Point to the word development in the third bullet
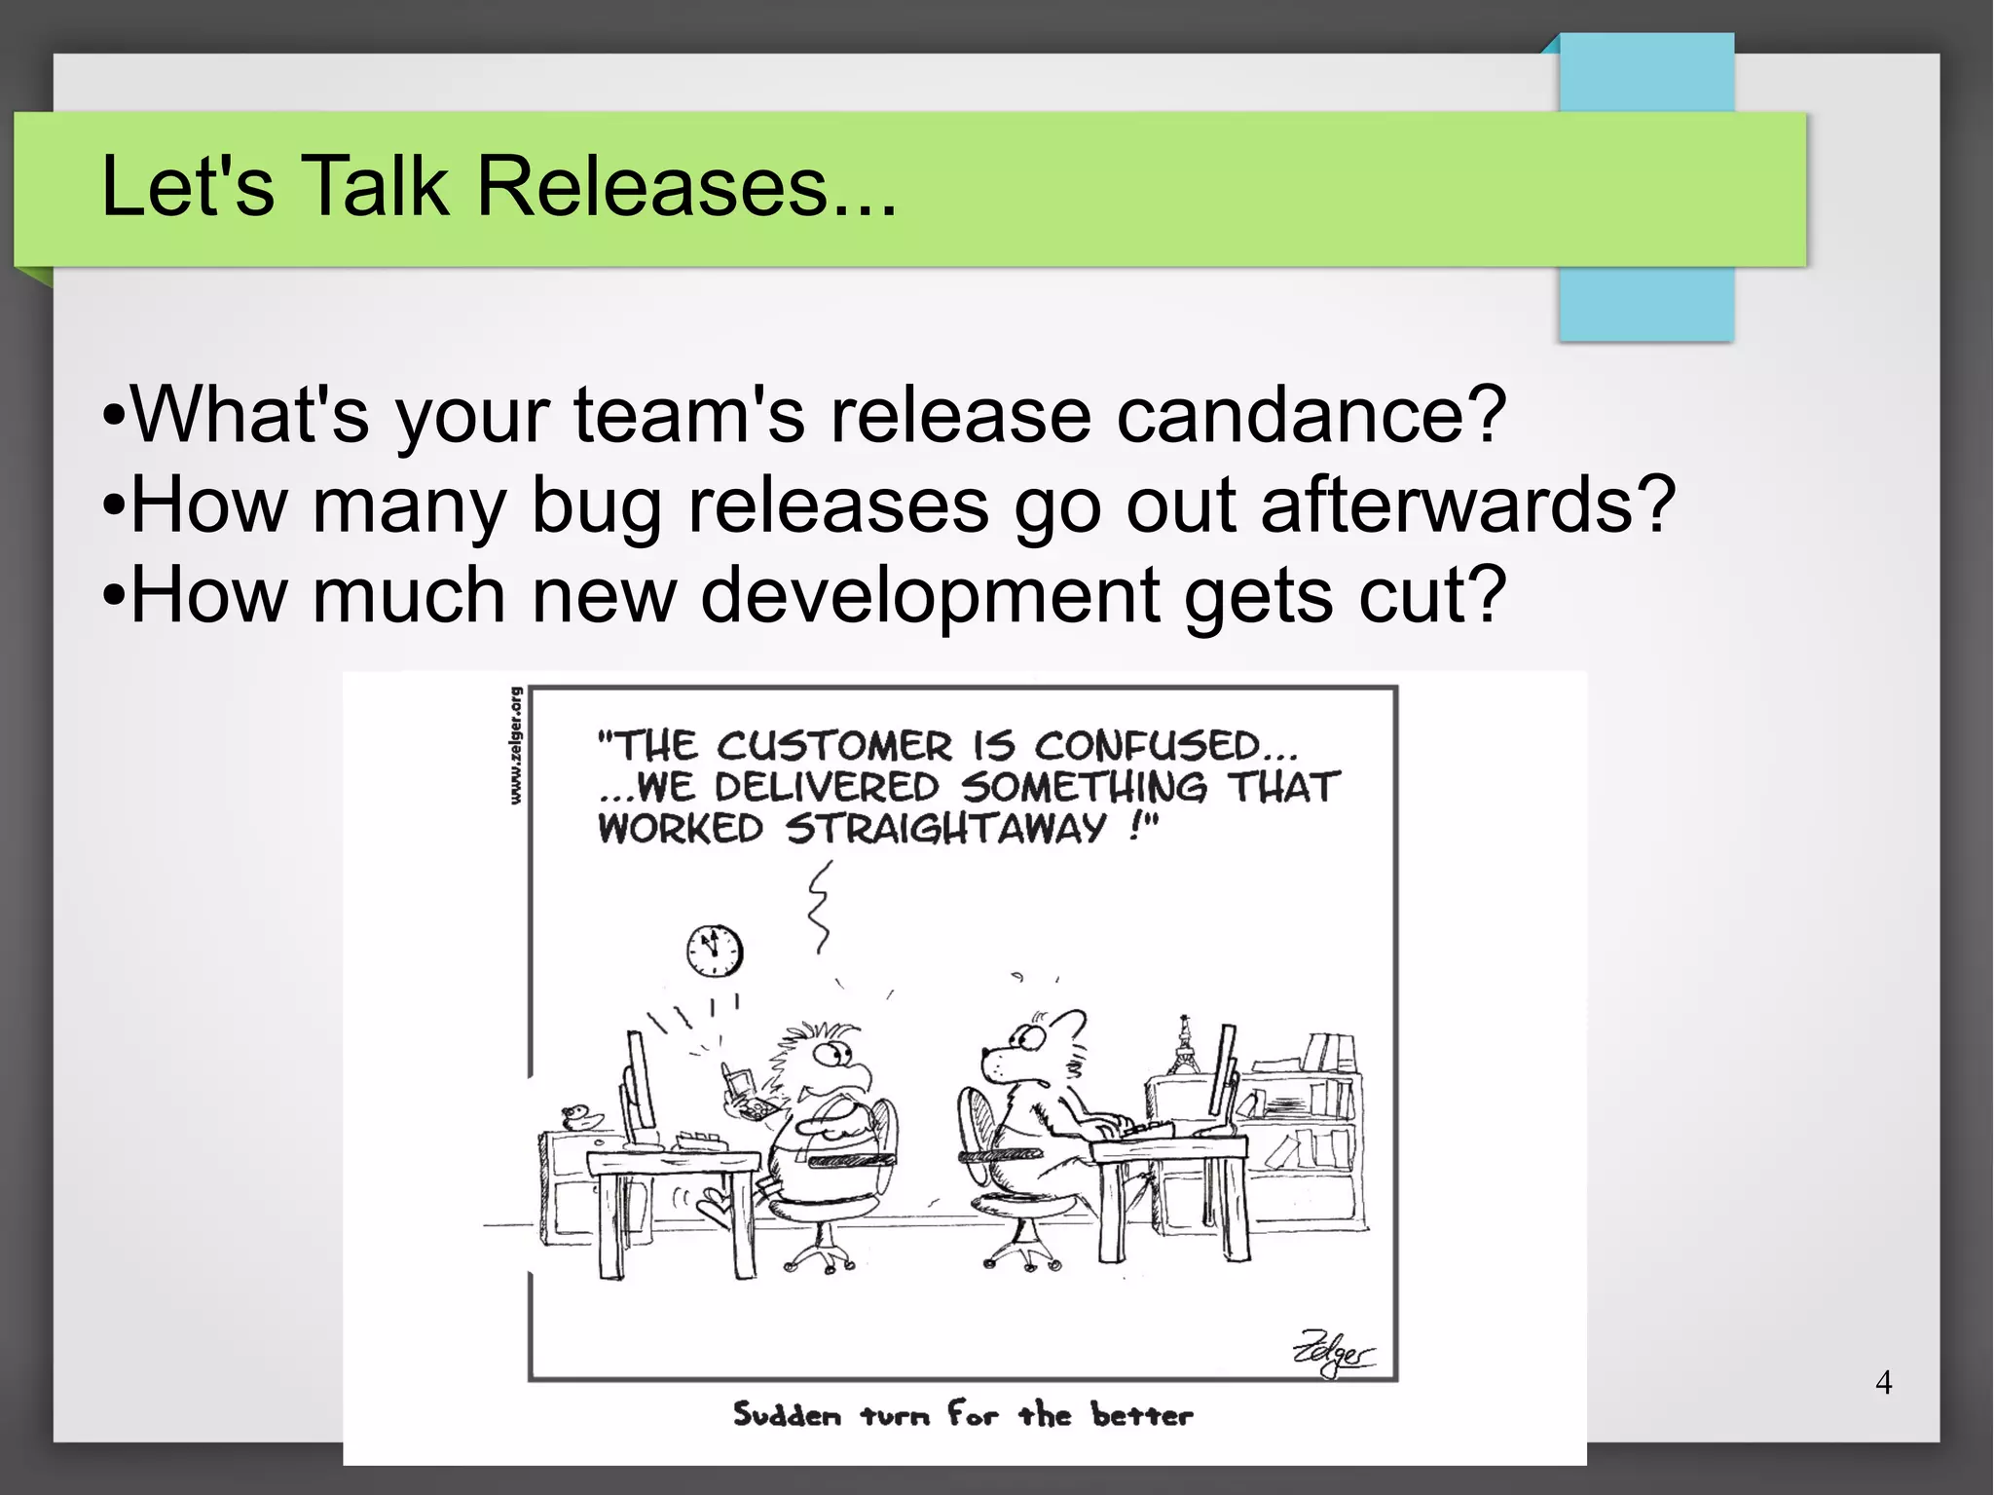pos(930,595)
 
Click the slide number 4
pos(1883,1382)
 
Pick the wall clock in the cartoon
pos(715,951)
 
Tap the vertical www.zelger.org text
pos(516,746)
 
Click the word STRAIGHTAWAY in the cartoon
pos(945,829)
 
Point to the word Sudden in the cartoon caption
pos(787,1414)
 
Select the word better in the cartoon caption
pos(1141,1414)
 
